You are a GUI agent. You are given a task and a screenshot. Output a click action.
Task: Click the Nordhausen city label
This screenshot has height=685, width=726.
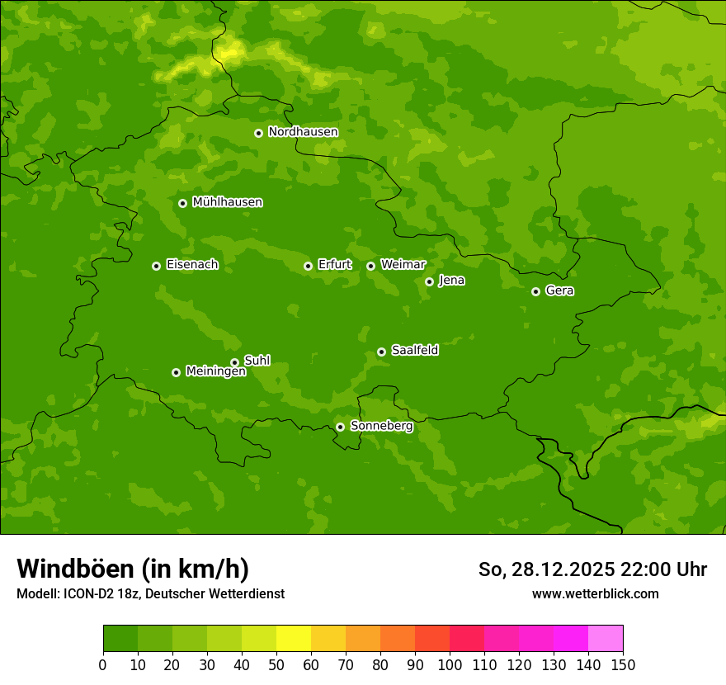pos(303,132)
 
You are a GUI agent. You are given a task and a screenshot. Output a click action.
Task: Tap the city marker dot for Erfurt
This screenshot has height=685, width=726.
pos(308,266)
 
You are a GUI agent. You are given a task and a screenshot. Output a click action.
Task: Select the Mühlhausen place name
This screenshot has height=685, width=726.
pos(227,202)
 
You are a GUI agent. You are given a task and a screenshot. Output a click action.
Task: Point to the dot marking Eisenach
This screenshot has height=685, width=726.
pos(156,266)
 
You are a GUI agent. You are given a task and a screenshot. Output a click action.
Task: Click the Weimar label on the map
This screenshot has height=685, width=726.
pos(403,265)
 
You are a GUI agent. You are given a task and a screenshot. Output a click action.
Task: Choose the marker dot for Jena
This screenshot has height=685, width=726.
pos(429,281)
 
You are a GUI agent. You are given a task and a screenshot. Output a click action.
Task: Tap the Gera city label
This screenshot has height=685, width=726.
pos(559,291)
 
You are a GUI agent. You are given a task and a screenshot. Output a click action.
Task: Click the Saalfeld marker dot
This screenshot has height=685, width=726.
pos(381,352)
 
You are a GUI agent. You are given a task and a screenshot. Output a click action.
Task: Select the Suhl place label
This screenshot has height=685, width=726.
pos(257,361)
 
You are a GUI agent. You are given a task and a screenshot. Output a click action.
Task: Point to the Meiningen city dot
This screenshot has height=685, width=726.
pos(176,372)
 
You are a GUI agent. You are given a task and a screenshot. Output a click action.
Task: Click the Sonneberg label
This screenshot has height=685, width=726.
pos(381,426)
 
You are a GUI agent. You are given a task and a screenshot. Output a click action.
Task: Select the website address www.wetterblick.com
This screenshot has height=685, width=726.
pos(595,593)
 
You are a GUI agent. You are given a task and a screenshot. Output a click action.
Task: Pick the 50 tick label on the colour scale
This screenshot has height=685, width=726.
pos(276,664)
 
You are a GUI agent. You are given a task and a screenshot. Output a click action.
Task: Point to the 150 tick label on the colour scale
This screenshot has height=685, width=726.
pos(623,664)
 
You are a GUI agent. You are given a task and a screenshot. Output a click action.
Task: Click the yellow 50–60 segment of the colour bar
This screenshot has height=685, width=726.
pos(294,638)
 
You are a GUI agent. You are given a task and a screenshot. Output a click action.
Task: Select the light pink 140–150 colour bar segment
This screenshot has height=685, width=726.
pos(606,638)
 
